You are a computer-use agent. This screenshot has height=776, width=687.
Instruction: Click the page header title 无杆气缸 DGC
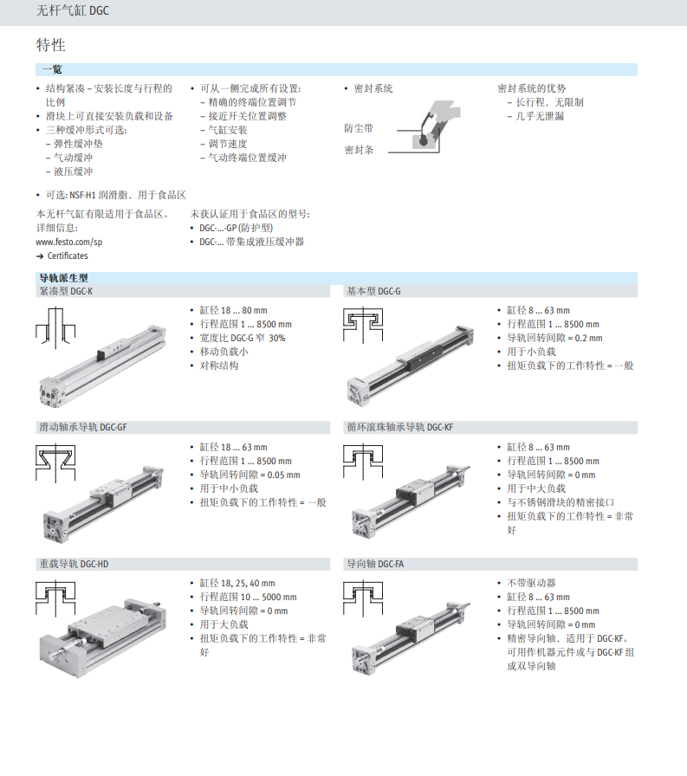72,10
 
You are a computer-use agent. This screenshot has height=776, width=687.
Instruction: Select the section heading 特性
50,45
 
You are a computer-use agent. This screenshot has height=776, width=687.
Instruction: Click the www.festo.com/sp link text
68,242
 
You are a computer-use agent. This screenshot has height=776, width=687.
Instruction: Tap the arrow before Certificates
40,255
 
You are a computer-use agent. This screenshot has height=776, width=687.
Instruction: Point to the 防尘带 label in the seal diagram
359,128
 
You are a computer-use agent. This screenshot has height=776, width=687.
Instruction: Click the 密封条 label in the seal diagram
359,150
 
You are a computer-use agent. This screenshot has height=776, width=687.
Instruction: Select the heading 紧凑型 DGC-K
66,292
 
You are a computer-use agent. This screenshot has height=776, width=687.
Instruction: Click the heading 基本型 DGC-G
373,292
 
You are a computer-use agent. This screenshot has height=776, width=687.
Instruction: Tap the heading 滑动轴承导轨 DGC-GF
83,427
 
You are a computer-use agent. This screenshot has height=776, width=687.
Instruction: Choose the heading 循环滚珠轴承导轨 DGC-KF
400,427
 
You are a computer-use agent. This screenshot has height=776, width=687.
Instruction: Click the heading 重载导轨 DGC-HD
74,564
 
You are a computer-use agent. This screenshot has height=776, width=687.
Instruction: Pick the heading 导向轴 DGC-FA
375,564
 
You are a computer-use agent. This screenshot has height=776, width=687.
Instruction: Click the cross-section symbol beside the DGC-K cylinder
55,327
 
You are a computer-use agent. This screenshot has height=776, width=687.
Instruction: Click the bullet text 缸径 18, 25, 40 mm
237,583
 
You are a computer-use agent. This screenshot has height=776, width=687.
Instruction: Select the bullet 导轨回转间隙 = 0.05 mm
250,475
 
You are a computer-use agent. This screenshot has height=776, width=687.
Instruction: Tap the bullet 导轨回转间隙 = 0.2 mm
554,338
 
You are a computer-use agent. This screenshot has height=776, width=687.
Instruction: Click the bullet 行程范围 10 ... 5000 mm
248,597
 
